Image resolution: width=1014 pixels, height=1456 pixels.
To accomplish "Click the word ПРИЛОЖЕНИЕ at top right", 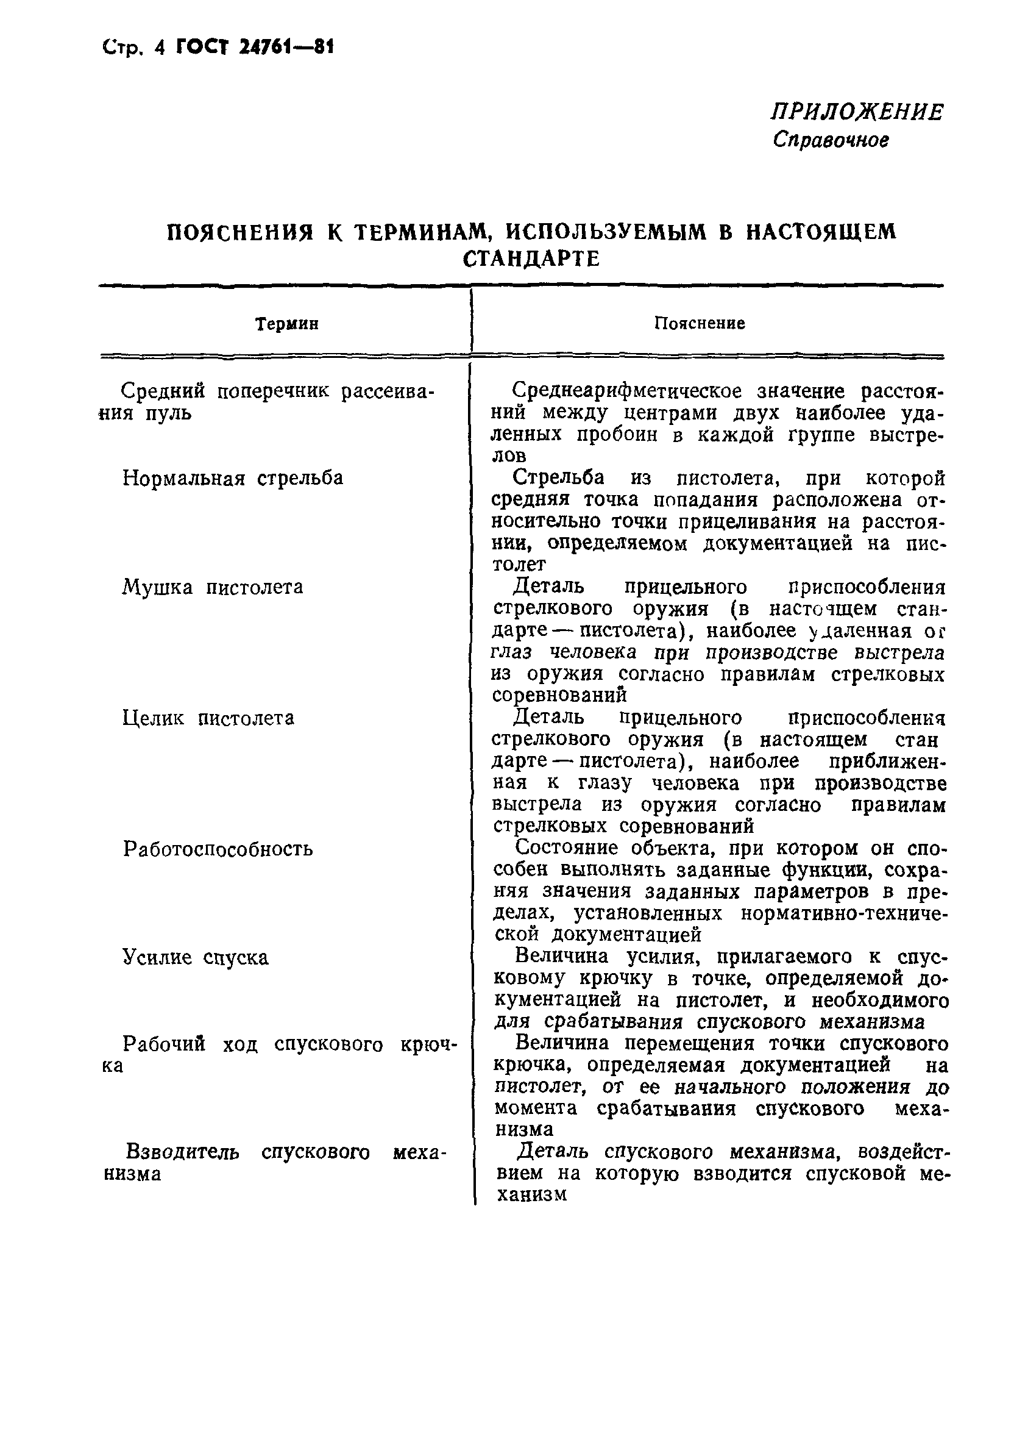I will [856, 112].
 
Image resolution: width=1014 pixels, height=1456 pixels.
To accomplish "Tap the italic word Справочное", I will [830, 140].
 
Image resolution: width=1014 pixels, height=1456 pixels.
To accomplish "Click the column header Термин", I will [286, 324].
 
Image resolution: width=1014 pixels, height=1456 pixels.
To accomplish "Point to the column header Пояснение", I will [699, 323].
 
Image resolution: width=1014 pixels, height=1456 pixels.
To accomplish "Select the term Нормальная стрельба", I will [233, 477].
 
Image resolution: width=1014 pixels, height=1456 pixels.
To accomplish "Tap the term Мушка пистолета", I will [212, 587].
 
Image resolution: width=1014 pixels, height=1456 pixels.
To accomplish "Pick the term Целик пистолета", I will [208, 718].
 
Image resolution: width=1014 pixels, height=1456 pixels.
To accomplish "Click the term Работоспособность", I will [218, 849].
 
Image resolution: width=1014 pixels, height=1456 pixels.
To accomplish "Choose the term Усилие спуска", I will [195, 958].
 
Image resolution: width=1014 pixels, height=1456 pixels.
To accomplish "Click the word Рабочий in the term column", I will [164, 1044].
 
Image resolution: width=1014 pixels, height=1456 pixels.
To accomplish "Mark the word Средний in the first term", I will [163, 391].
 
